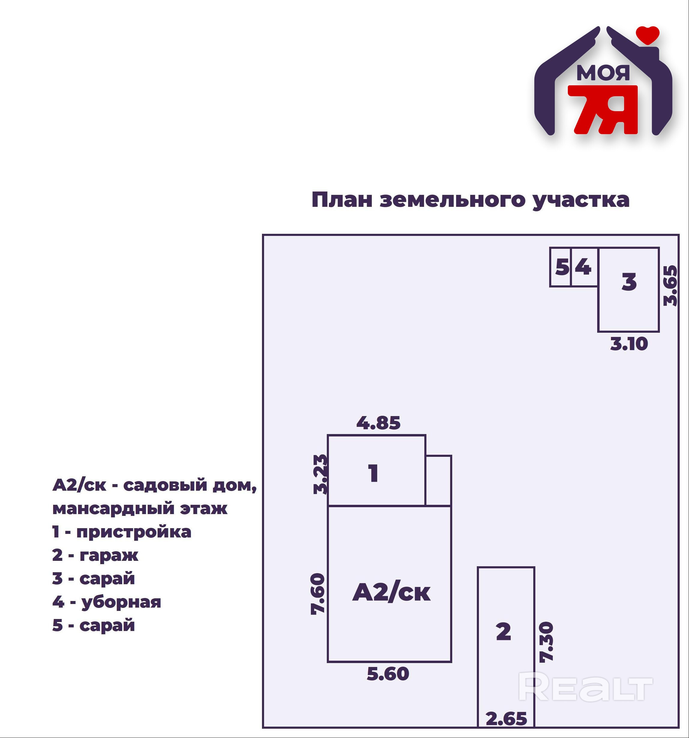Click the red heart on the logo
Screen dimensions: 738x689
coord(647,34)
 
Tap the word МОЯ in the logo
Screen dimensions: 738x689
coord(603,73)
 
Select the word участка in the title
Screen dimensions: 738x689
coord(581,201)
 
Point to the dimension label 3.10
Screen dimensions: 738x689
coord(629,344)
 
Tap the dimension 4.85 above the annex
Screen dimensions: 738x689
coord(378,423)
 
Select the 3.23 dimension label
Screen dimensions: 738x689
coord(320,475)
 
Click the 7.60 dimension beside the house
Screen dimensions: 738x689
coord(318,594)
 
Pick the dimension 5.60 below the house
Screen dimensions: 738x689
coord(388,674)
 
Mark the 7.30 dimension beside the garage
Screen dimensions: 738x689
coord(546,642)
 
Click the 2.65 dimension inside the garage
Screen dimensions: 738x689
coord(506,719)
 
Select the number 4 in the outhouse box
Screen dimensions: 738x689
coord(583,267)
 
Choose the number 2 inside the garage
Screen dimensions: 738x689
coord(504,632)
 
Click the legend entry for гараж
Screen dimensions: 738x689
coord(109,556)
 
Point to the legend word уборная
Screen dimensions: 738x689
coord(121,603)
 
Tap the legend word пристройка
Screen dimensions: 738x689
coord(134,532)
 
